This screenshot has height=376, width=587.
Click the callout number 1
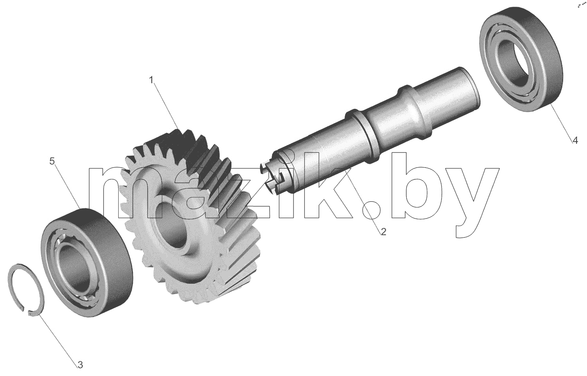[x=151, y=80]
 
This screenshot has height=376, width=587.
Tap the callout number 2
[x=383, y=231]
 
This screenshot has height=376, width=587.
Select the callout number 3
[x=80, y=365]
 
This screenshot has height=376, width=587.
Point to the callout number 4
[x=575, y=140]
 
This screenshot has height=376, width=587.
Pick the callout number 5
[x=52, y=161]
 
